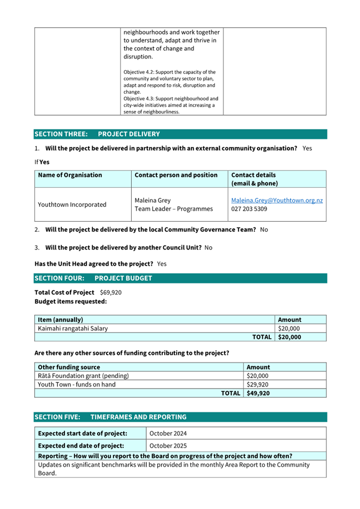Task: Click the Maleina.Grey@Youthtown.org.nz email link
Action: coord(277,200)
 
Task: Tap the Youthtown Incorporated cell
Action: coord(72,205)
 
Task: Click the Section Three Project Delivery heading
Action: coord(97,134)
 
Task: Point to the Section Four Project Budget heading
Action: coord(93,278)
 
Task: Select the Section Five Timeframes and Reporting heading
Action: coord(110,417)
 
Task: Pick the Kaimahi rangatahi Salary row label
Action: coord(73,328)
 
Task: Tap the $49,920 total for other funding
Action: coord(259,393)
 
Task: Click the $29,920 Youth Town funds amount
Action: coord(258,384)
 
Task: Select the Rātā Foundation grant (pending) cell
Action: coord(83,376)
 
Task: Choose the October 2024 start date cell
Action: coord(168,433)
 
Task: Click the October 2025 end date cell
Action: coord(168,446)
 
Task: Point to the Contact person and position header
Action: coord(176,175)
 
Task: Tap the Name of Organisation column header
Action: coord(70,175)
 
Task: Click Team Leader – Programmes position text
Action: coord(174,209)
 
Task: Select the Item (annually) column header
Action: coord(61,320)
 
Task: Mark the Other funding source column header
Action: coord(69,367)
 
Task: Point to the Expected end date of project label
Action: coord(81,446)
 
